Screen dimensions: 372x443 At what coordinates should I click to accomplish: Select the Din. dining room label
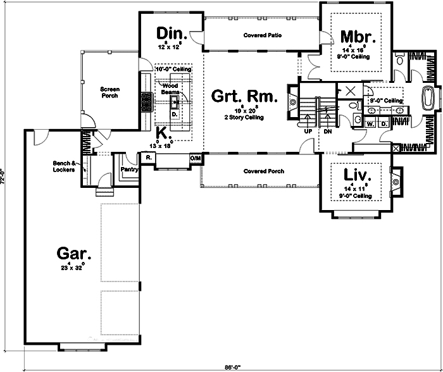coord(170,33)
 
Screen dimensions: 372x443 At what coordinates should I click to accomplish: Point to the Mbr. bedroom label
coord(355,35)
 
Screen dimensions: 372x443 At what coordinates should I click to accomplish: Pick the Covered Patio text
coord(262,36)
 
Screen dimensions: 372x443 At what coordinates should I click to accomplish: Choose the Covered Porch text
coord(263,171)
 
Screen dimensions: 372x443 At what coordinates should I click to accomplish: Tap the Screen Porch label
coord(110,93)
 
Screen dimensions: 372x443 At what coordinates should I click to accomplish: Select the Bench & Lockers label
coord(65,166)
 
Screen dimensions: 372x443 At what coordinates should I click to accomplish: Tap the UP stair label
coord(308,132)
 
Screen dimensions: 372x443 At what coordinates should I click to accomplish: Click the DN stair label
coord(327,132)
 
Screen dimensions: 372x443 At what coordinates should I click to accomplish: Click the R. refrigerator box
coord(147,157)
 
